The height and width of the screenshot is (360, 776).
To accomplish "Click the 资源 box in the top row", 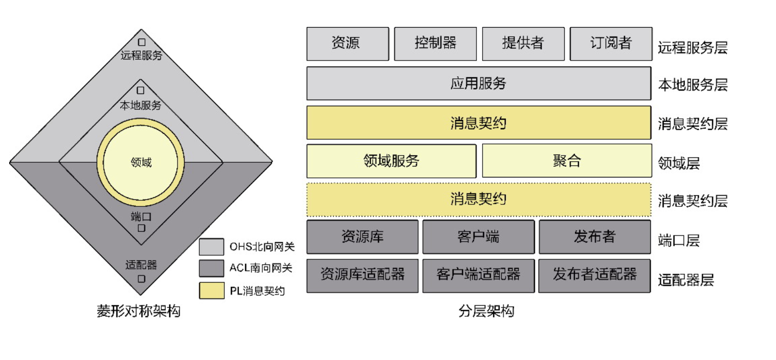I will pos(347,44).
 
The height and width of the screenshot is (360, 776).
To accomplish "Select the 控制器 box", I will pos(435,44).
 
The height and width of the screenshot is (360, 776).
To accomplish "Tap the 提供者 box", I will pos(523,44).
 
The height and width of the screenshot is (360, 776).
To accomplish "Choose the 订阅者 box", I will pos(611,44).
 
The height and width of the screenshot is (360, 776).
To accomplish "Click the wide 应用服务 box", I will pos(479,83).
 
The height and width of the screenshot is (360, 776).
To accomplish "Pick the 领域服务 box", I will pos(391,161).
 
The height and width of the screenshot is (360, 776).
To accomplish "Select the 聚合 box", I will pos(566,161).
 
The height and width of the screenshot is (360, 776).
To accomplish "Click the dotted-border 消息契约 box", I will pos(479,199).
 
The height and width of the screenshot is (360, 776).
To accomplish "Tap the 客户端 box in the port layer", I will pos(479,237).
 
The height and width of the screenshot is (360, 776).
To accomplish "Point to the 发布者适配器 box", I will pos(594,276).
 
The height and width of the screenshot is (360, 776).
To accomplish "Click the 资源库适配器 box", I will pos(362,276).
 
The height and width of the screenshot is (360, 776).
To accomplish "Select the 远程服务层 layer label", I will pos(693,48).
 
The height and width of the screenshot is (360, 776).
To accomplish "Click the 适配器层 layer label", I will pos(686,280).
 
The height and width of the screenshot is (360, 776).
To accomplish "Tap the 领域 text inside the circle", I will pos(141,163).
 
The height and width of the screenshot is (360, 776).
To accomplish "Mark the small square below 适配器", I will pos(141,279).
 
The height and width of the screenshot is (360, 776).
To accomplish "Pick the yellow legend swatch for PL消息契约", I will pos(211,290).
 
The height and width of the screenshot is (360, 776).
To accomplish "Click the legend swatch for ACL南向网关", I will pos(211,268).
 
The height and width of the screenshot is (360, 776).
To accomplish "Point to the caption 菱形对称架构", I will pos(138,311).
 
